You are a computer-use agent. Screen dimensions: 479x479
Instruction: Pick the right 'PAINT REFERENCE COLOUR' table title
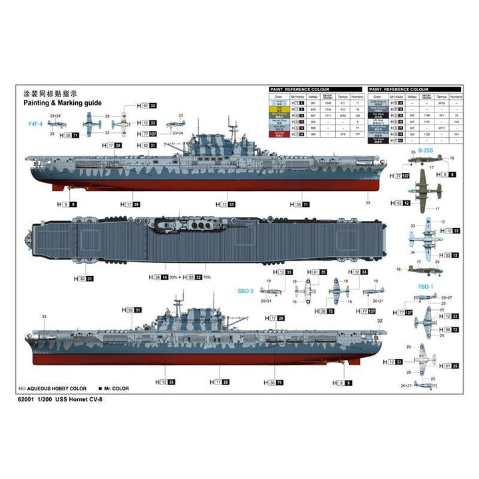tap(400, 88)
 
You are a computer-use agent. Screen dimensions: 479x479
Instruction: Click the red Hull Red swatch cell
tap(279, 134)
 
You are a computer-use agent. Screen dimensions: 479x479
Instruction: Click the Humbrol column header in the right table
tap(456, 96)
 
